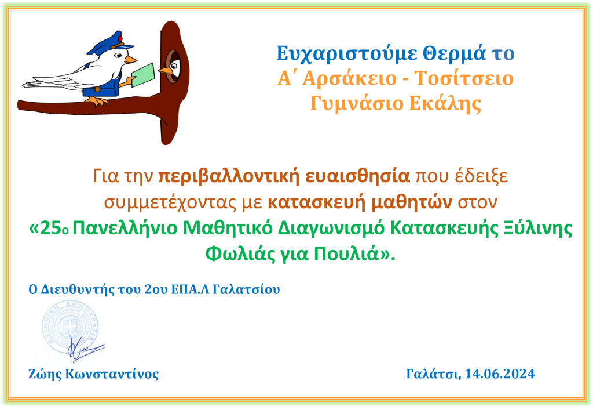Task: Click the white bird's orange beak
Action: coord(131,60)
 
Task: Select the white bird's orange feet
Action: coord(97,101)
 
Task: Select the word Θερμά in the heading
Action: coord(454,53)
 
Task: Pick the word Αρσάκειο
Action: coord(349,79)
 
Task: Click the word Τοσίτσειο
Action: coord(464,78)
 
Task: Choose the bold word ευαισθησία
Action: coord(357,176)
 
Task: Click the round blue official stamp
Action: coord(70,328)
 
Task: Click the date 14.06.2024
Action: coord(500,374)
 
